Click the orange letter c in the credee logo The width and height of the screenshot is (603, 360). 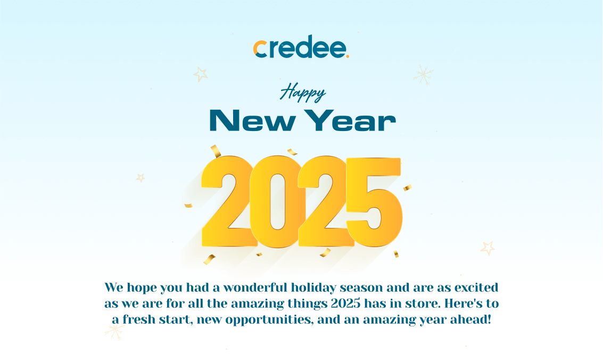click(260, 49)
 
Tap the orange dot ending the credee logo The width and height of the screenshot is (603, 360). click(347, 56)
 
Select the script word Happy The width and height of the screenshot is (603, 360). click(303, 92)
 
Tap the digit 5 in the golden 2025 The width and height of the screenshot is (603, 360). click(374, 202)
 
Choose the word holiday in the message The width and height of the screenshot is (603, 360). click(313, 288)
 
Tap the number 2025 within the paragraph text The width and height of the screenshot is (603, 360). click(346, 304)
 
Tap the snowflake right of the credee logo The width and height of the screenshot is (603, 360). click(423, 75)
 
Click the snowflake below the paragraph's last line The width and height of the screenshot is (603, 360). click(114, 331)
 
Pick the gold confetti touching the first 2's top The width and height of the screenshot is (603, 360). click(216, 151)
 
